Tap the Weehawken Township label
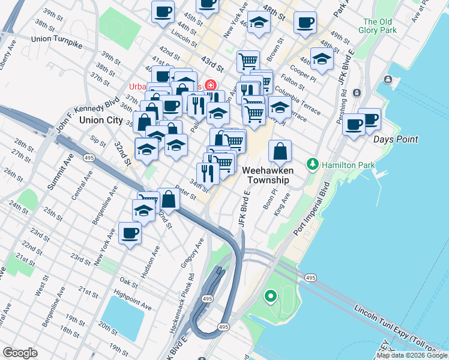(x=267, y=175)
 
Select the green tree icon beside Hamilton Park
(x=312, y=164)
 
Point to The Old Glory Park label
(x=378, y=26)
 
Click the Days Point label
(x=395, y=139)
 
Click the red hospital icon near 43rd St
(x=210, y=85)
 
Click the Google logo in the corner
(x=20, y=353)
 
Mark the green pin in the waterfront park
(x=271, y=296)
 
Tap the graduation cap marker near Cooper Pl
(x=322, y=59)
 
